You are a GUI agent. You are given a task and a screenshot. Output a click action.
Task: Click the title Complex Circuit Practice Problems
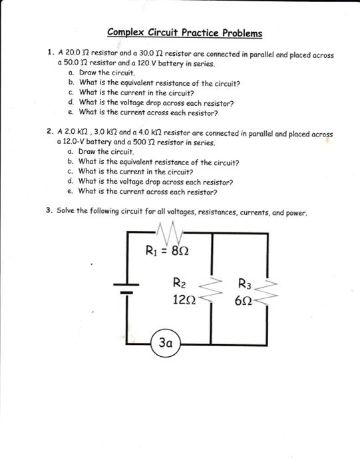(x=184, y=33)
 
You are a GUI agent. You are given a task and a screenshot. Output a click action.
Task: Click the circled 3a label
(x=166, y=344)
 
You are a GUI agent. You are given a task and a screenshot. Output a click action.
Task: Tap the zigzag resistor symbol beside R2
(x=210, y=290)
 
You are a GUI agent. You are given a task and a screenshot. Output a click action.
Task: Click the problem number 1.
(x=49, y=53)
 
